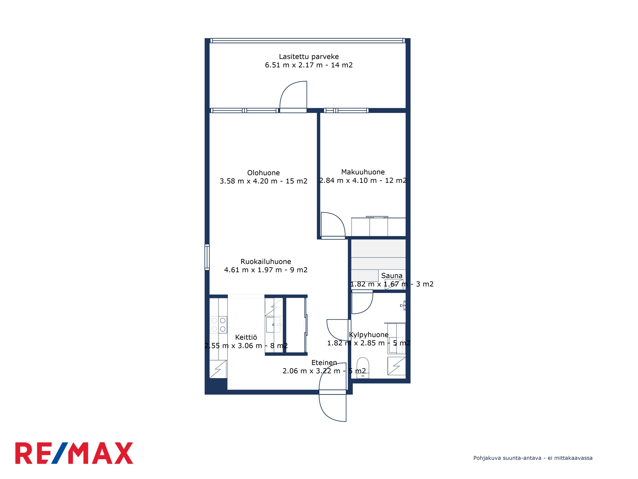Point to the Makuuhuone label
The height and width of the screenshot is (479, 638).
click(363, 172)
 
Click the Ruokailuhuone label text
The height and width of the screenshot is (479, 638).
click(266, 262)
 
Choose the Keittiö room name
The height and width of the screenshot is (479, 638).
click(246, 337)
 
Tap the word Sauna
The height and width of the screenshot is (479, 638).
click(392, 276)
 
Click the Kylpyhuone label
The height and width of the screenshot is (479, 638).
click(369, 335)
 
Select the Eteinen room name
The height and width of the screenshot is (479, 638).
click(324, 363)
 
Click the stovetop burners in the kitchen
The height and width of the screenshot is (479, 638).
click(218, 325)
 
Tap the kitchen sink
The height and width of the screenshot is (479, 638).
click(273, 325)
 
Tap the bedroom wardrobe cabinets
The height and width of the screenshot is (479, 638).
click(378, 227)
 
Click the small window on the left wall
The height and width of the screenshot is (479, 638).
click(207, 257)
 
